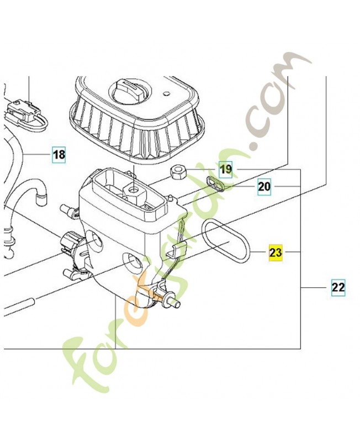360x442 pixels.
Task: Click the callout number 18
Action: coord(59,155)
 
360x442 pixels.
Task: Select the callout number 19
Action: coord(226,170)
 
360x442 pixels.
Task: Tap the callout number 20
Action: coord(264,187)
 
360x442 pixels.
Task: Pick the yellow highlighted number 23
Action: coord(276,252)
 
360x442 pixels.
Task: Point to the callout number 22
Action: coord(338,287)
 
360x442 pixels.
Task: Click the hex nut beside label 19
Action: coord(178,172)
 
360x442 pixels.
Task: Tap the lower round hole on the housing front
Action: coord(133,260)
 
